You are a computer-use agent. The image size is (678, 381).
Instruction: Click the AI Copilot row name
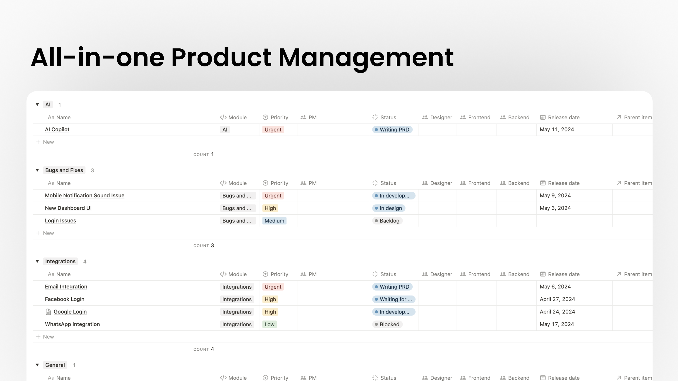click(57, 129)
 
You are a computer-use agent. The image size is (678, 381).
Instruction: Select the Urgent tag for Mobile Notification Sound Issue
click(273, 196)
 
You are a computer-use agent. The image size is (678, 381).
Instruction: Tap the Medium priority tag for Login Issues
click(274, 221)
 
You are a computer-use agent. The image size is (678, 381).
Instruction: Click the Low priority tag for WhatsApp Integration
click(269, 324)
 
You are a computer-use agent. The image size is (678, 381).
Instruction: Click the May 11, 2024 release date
click(557, 129)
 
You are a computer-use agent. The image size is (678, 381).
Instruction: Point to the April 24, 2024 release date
click(557, 312)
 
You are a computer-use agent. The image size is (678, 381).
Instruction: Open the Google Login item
click(70, 312)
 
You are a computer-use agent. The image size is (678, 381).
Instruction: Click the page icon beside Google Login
click(48, 312)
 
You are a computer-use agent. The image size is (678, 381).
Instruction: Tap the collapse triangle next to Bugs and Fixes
click(37, 170)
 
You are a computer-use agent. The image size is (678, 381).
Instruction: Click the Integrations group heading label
click(60, 261)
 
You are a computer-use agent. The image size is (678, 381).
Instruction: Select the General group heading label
click(55, 365)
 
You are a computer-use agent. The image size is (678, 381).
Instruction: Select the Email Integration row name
click(66, 287)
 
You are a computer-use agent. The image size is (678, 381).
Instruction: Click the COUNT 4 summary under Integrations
click(204, 349)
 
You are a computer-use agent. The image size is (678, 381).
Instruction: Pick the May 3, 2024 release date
click(555, 208)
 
